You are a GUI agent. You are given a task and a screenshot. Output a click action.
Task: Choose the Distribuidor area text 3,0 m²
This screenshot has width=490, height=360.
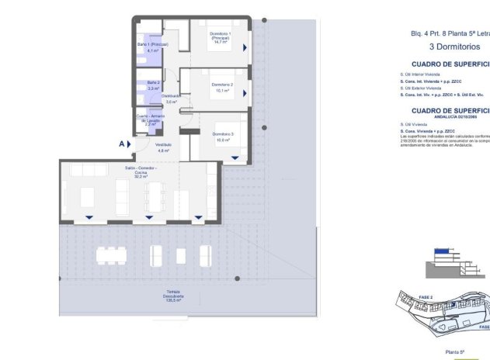171,102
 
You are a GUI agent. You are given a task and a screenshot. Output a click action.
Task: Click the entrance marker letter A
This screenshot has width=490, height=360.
121,144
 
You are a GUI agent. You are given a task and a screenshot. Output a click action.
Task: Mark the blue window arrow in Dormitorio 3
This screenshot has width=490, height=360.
235,158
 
